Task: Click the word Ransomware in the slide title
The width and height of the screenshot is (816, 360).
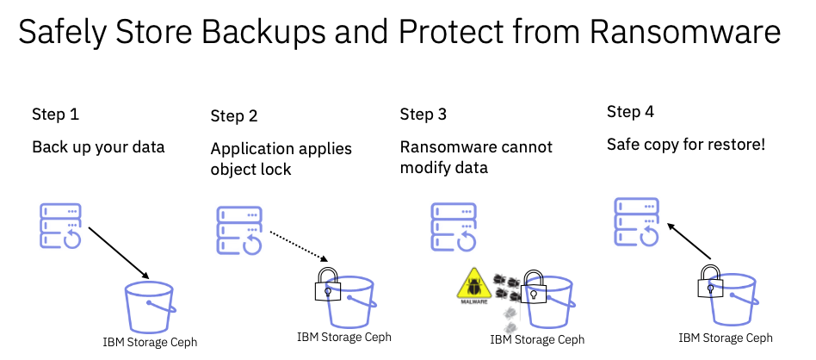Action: [685, 34]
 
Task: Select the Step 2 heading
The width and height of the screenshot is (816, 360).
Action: [233, 115]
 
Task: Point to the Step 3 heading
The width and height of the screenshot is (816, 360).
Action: [423, 114]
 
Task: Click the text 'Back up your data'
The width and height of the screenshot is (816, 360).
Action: [98, 147]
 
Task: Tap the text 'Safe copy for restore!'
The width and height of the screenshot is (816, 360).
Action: [686, 145]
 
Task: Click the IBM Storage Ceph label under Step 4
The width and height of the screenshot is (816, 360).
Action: [725, 338]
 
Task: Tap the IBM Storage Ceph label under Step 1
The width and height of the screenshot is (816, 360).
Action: [150, 342]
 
